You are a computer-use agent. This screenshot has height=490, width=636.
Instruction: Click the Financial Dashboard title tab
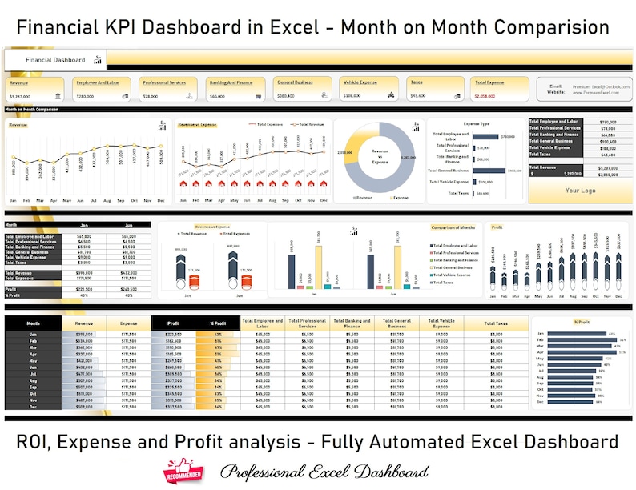[55, 60]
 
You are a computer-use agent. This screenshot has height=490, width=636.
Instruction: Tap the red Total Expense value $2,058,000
[485, 96]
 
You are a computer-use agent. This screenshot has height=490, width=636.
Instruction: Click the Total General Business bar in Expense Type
[490, 170]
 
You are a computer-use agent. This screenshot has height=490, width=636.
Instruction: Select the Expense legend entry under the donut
[397, 196]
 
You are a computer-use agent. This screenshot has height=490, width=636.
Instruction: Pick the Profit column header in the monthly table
[173, 323]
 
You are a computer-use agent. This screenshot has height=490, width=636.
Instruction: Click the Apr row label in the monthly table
[33, 353]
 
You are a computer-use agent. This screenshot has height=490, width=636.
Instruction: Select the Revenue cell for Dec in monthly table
[84, 406]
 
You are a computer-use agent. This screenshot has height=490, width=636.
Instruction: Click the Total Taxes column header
[497, 323]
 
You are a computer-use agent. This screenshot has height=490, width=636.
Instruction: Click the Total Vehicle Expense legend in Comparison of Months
[457, 273]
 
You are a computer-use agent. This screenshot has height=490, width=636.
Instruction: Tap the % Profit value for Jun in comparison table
[128, 295]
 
